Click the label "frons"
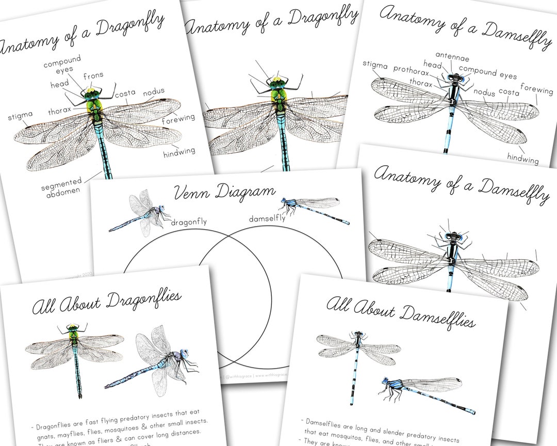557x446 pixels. pyautogui.click(x=93, y=75)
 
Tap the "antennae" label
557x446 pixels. pyautogui.click(x=452, y=55)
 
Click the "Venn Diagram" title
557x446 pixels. pyautogui.click(x=225, y=194)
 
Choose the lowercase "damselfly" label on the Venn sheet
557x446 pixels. pyautogui.click(x=267, y=219)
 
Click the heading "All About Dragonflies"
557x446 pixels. pyautogui.click(x=106, y=303)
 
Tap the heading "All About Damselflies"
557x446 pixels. pyautogui.click(x=400, y=311)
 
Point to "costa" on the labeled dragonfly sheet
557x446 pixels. pyautogui.click(x=125, y=94)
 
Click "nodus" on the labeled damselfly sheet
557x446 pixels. pyautogui.click(x=484, y=93)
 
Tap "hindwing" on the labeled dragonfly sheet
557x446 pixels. pyautogui.click(x=179, y=152)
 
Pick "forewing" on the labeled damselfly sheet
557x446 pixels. pyautogui.click(x=536, y=90)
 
